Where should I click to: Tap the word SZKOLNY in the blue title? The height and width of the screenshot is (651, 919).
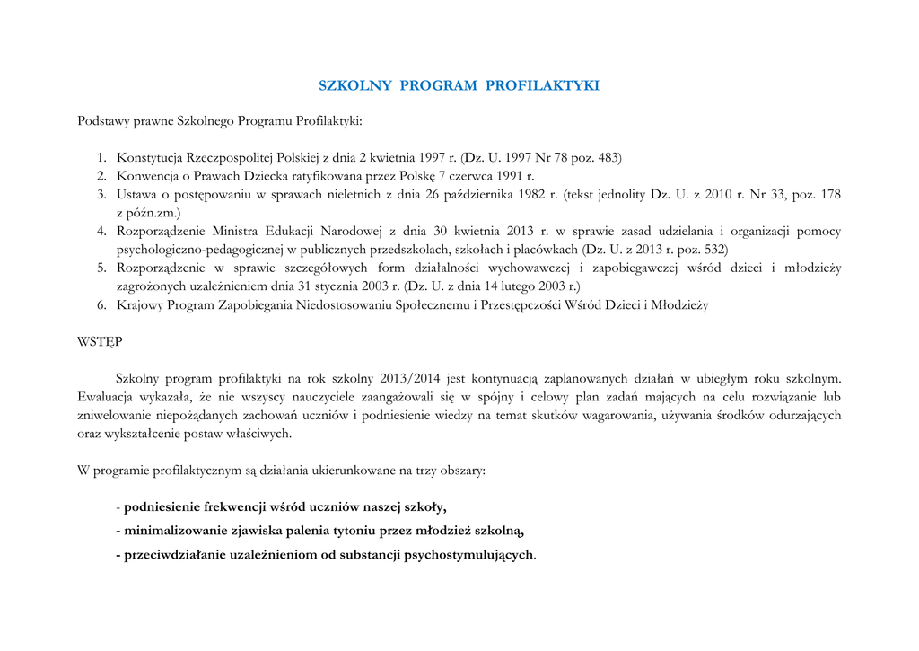point(355,86)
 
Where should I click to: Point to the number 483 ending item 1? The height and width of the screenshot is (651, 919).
point(609,157)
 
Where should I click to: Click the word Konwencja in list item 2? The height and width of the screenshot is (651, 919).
point(147,176)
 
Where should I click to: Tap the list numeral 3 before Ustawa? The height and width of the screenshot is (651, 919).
point(102,194)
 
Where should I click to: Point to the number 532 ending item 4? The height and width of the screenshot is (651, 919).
point(714,249)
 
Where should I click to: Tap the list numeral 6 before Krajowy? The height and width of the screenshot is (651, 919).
point(102,305)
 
